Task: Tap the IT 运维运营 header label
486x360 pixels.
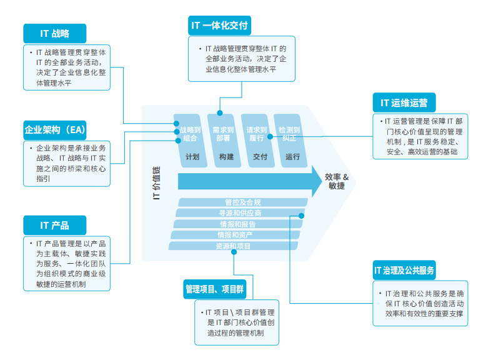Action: coord(404,103)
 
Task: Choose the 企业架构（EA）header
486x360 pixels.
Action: coord(54,129)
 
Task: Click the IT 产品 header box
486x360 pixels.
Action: coord(54,225)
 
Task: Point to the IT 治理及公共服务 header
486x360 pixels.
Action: coord(404,271)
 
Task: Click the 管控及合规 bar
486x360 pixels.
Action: coord(242,202)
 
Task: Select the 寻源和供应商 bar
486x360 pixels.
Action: coord(240,213)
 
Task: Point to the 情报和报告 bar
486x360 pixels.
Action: coord(237,224)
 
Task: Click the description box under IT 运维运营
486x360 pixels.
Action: coord(419,136)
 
